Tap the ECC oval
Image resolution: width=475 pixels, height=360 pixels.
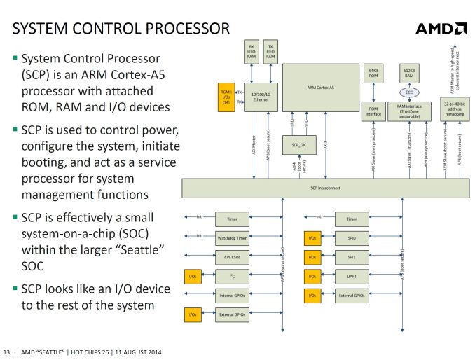click(x=408, y=92)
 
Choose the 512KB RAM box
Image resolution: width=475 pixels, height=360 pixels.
click(x=408, y=74)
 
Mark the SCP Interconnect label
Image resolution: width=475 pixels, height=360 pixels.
click(x=324, y=188)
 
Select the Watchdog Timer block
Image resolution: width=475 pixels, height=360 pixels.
click(x=232, y=237)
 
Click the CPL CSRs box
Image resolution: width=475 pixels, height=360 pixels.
click(x=232, y=256)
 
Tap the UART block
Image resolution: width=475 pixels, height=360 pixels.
click(x=352, y=277)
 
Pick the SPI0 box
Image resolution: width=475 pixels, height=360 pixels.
click(x=352, y=237)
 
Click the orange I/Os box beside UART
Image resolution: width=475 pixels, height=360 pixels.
click(x=312, y=277)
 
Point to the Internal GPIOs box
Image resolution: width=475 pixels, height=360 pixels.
click(x=232, y=296)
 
